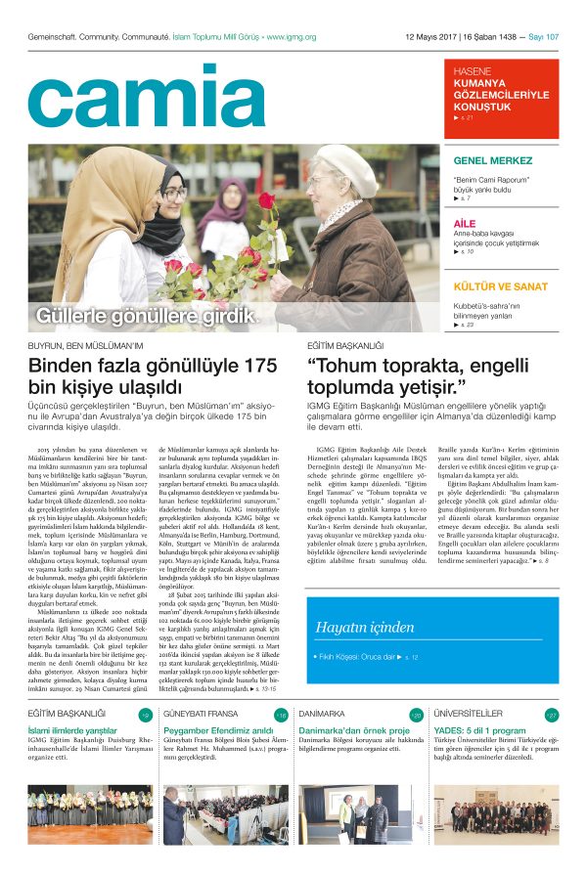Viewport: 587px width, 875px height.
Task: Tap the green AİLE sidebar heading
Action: (x=466, y=224)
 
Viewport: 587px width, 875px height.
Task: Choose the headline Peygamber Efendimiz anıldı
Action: (x=217, y=730)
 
